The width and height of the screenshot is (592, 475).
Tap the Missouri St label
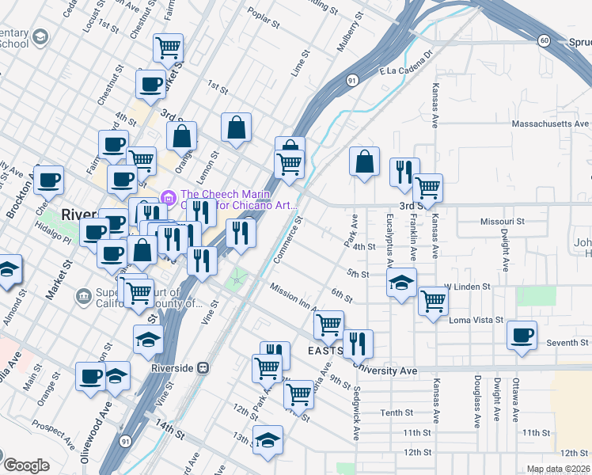pyautogui.click(x=503, y=222)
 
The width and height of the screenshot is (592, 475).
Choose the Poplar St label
pyautogui.click(x=264, y=20)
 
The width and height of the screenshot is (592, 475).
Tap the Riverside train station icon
pyautogui.click(x=203, y=368)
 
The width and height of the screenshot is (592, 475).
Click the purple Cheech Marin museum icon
pyautogui.click(x=168, y=196)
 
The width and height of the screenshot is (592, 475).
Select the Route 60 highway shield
pyautogui.click(x=544, y=40)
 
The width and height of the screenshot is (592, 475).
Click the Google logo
pyautogui.click(x=26, y=465)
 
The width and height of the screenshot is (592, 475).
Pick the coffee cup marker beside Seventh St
pyautogui.click(x=522, y=335)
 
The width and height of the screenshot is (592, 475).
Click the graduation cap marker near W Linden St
pyautogui.click(x=401, y=281)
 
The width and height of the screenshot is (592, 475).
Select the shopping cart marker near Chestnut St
pyautogui.click(x=169, y=48)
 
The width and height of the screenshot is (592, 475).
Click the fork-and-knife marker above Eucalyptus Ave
pyautogui.click(x=404, y=172)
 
